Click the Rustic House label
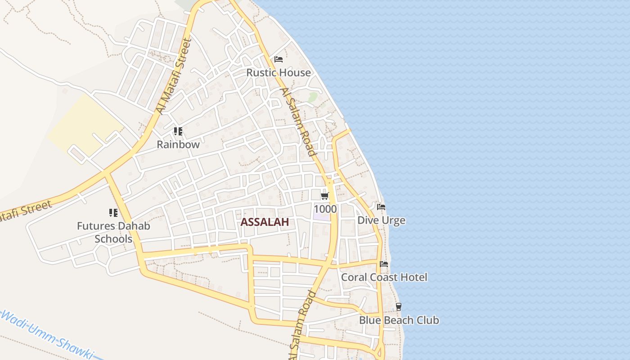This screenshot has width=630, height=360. pos(278,72)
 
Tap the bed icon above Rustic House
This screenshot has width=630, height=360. pos(279,59)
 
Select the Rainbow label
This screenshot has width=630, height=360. pos(178,144)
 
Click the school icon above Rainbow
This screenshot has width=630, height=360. pos(178,131)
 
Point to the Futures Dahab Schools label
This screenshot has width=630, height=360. pos(113,232)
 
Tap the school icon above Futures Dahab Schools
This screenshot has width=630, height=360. pos(113,212)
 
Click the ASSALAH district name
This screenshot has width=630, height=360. pos(265,222)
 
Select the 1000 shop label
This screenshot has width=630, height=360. pos(325,209)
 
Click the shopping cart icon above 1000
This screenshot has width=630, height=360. pos(325,196)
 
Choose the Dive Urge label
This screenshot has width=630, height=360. pos(381,220)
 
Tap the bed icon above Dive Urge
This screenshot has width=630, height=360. pos(381,207)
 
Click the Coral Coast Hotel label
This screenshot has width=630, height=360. pos(384,277)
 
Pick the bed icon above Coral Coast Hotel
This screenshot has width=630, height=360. pos(384,264)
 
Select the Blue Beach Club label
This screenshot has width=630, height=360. pos(399,320)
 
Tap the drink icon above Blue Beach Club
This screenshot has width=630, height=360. pos(398,307)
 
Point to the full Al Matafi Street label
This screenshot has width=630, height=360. pos(174,76)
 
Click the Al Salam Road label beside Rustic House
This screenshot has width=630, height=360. pos(298,121)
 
